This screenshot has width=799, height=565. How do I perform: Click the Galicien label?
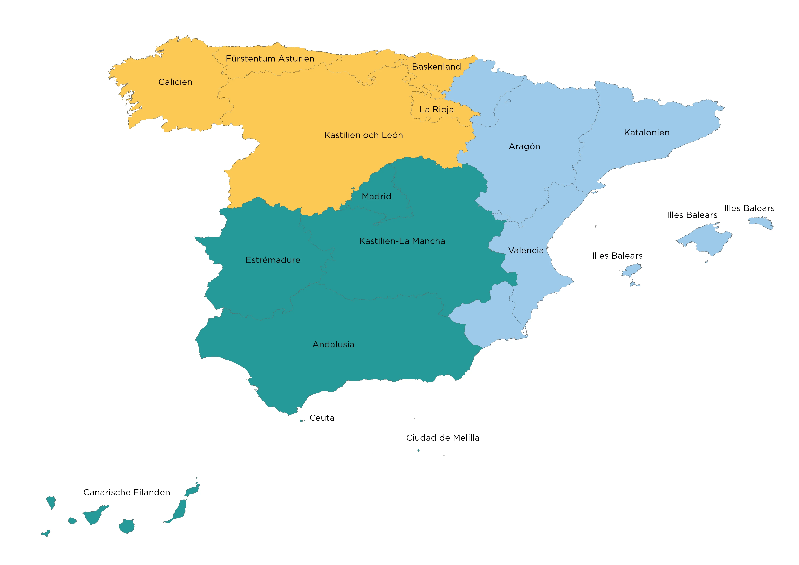point(175,82)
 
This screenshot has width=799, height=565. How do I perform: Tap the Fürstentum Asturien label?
point(270,58)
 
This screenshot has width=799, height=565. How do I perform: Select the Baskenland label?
point(436,67)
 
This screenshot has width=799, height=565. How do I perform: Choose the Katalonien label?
point(647,133)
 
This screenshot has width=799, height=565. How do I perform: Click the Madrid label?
point(376,197)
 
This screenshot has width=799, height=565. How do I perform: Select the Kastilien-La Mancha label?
point(402,241)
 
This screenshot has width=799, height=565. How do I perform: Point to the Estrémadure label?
point(273,260)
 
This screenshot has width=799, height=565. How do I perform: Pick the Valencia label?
point(526,251)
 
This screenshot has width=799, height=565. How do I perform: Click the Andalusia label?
point(333,344)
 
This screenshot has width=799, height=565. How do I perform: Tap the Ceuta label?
point(322,418)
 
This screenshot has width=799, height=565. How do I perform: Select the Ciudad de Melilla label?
point(442,438)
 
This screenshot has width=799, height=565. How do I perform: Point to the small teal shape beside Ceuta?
point(302,421)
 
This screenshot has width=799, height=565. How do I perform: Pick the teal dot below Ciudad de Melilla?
point(418,450)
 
